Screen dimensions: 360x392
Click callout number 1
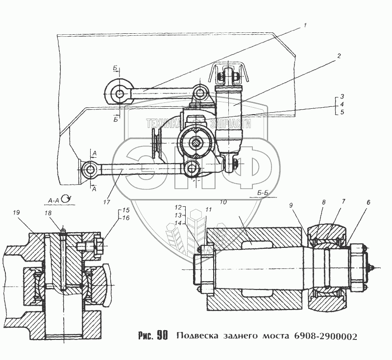[x=305, y=25]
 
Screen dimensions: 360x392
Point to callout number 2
[x=339, y=56]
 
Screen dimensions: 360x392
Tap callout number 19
[x=16, y=213]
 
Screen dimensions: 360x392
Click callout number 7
[x=343, y=202]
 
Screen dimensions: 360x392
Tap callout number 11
[x=208, y=210]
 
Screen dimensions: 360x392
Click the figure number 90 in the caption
[x=162, y=336]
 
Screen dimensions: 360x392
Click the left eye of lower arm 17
[x=90, y=169]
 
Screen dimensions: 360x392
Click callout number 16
[x=126, y=218]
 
